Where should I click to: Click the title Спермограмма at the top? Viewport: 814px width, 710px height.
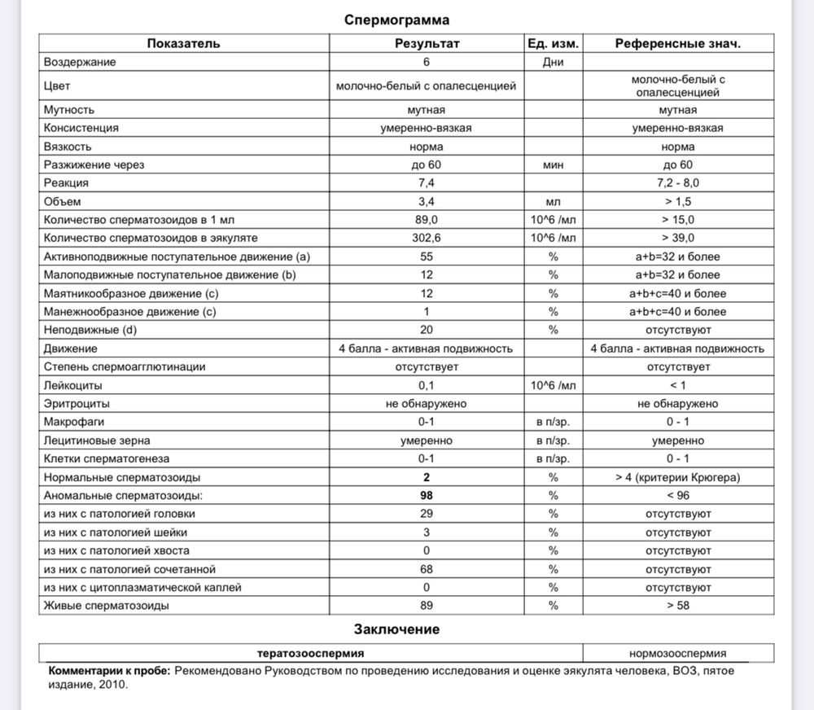(396, 20)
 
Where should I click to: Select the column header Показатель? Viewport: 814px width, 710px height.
(183, 43)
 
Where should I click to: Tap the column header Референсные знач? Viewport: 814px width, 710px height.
(677, 43)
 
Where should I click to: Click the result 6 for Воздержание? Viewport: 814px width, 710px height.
(426, 62)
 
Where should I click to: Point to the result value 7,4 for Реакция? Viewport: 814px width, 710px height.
(426, 183)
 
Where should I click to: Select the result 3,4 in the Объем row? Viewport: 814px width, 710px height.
(426, 201)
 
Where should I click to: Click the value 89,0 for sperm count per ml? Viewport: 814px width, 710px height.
(426, 220)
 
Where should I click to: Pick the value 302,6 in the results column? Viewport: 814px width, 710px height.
(426, 238)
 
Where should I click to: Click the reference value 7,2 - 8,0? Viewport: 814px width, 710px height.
(677, 183)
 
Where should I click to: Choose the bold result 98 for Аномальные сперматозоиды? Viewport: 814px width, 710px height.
(426, 495)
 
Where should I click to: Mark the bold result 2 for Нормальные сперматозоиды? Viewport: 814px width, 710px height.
(426, 476)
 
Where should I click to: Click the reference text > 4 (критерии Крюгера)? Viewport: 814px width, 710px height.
(677, 476)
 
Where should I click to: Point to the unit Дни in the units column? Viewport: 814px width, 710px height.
(554, 62)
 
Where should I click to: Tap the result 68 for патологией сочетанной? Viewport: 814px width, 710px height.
(426, 568)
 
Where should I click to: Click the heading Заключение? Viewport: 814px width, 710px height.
(396, 629)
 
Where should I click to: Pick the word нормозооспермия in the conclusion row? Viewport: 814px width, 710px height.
(677, 653)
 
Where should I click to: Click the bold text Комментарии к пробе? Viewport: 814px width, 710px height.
(110, 671)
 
